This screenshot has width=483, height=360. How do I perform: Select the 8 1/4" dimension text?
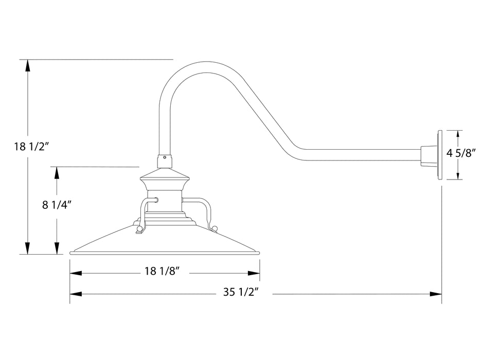click(x=56, y=204)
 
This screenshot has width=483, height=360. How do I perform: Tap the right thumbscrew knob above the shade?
click(x=214, y=228)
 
